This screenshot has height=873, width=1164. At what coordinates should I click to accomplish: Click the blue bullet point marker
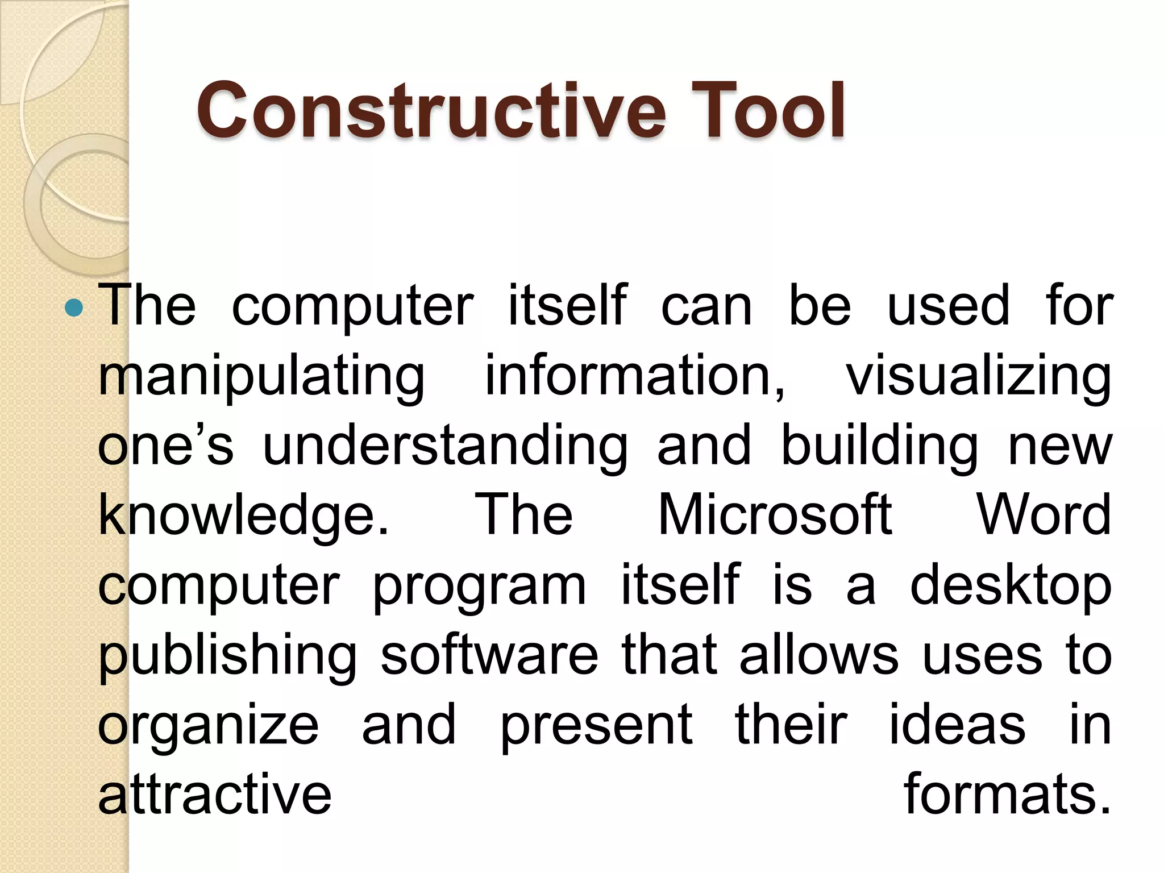point(74,309)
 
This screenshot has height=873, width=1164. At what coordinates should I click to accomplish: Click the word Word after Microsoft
point(1044,514)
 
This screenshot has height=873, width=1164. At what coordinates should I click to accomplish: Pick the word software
point(489,655)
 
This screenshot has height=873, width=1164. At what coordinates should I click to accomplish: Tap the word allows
point(819,655)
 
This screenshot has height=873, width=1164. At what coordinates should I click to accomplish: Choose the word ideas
point(957,725)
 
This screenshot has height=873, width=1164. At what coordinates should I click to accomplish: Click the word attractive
point(215,795)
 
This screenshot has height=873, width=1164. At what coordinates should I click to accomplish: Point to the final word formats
point(1007,795)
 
